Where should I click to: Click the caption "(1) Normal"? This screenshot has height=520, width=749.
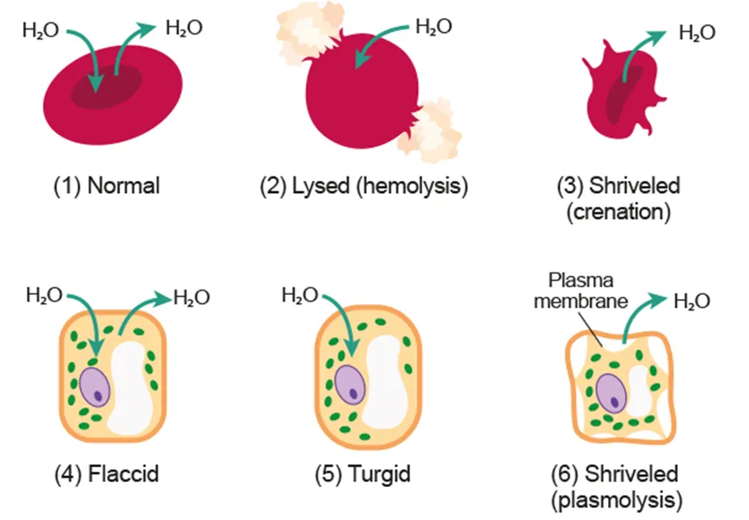103,186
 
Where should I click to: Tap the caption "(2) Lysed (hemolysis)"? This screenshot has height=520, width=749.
364,186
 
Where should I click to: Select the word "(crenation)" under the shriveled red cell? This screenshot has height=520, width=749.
618,212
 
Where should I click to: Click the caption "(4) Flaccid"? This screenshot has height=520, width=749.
103,473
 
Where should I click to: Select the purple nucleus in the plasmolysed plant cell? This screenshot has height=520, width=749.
612,394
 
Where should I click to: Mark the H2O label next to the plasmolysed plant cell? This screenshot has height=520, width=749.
692,302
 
